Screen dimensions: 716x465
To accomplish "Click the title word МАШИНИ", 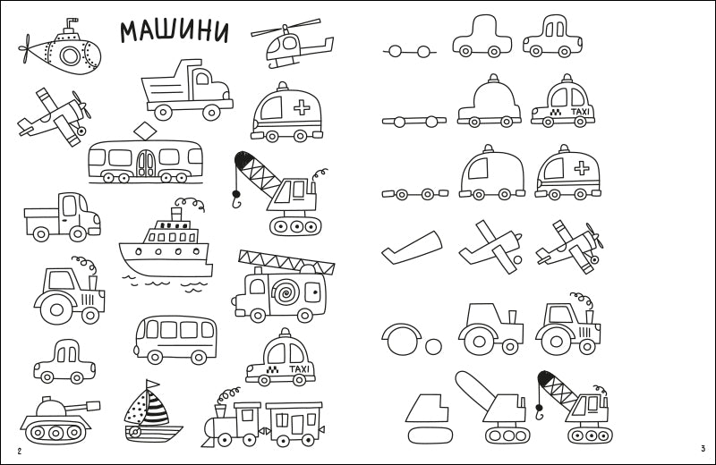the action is (x=174, y=31).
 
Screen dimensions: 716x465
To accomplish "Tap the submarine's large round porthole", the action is (x=70, y=55).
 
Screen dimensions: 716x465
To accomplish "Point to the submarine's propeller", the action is (x=25, y=48).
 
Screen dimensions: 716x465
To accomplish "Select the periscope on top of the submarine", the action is (x=70, y=25).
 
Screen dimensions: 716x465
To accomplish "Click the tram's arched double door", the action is (x=146, y=164).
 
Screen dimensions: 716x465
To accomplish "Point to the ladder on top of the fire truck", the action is (x=286, y=262).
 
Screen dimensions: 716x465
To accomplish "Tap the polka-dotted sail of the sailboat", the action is (x=135, y=409).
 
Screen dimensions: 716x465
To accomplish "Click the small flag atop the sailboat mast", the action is (x=152, y=384).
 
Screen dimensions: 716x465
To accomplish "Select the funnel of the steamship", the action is (x=176, y=214).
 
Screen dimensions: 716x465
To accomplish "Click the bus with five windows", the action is (x=175, y=339).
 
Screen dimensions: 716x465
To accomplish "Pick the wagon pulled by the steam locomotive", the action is (x=294, y=423).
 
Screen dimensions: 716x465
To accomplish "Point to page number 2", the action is (x=19, y=452).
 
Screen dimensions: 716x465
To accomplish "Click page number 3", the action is (x=703, y=449).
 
